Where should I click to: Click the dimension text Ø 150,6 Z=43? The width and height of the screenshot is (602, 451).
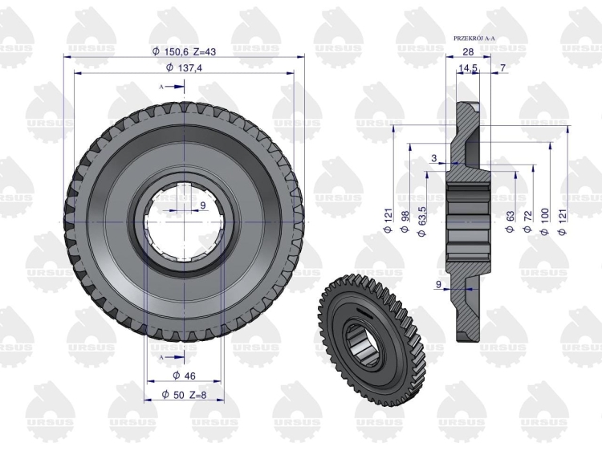click(184, 51)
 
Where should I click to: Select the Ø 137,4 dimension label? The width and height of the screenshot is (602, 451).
click(184, 67)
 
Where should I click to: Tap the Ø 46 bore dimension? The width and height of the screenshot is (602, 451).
click(184, 376)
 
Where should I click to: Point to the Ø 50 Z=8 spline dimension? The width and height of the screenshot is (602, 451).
click(184, 394)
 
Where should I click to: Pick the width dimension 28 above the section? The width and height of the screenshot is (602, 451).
click(469, 51)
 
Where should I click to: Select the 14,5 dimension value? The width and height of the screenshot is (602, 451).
click(468, 68)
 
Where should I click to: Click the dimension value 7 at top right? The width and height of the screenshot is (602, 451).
click(503, 67)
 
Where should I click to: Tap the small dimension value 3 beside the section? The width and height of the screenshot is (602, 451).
click(434, 158)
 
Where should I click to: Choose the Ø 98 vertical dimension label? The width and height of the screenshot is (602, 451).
click(405, 221)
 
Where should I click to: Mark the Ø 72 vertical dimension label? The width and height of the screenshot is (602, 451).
click(527, 221)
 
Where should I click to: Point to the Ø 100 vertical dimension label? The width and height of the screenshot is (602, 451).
click(544, 221)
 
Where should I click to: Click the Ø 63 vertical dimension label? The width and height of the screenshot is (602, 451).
click(510, 221)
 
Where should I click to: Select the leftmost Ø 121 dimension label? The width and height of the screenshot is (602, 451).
click(388, 221)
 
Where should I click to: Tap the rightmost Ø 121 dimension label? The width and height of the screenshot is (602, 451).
click(562, 221)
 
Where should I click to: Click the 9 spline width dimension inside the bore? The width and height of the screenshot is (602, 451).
click(203, 205)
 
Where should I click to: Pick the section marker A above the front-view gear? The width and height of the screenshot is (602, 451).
click(161, 87)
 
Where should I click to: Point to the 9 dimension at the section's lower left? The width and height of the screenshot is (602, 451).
click(438, 284)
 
